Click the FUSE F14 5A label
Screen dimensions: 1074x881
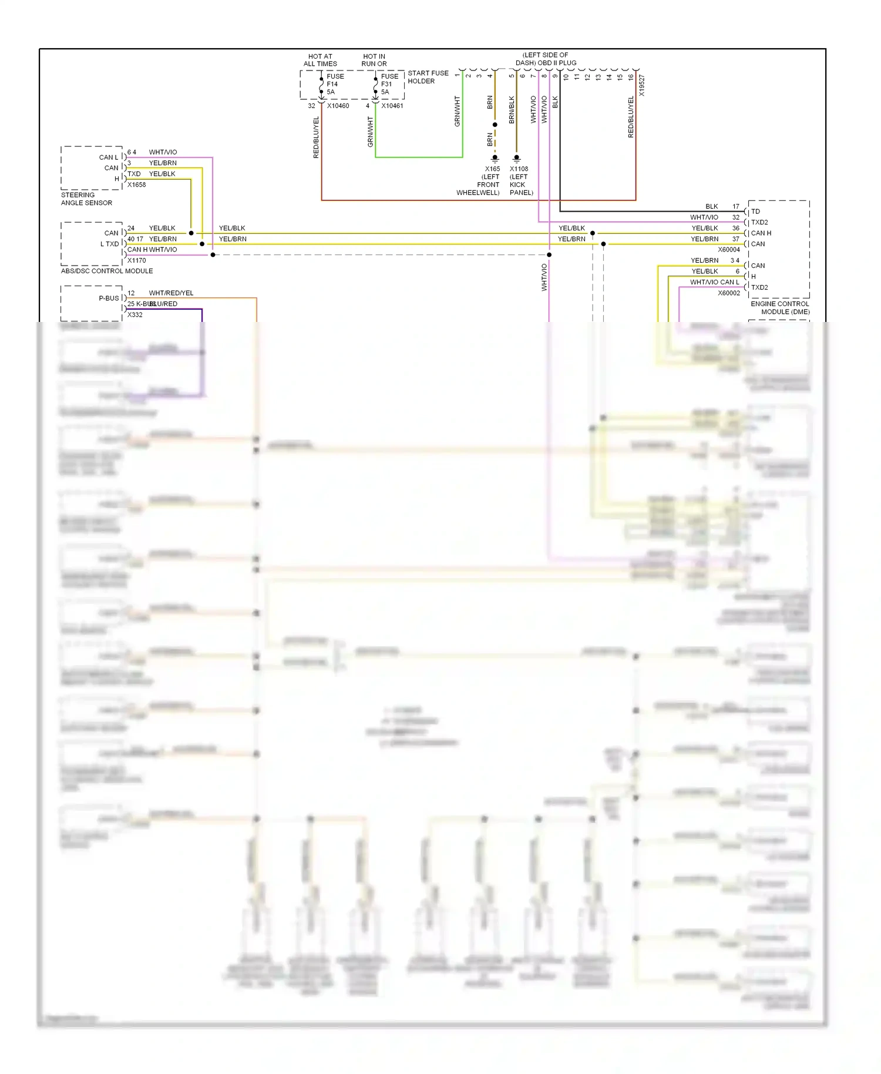point(335,84)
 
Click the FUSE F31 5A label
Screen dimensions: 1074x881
point(389,84)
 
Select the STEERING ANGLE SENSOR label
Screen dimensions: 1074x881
point(86,199)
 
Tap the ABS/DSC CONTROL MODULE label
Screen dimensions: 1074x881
point(107,271)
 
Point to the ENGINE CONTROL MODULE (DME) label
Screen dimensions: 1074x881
point(779,308)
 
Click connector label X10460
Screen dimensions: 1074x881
point(338,106)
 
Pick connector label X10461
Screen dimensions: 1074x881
point(392,106)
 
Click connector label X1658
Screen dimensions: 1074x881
point(136,184)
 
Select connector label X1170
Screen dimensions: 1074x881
point(136,260)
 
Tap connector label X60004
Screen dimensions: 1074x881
point(728,250)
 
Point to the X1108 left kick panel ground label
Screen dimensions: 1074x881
point(520,180)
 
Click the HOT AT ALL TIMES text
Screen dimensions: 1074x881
point(320,60)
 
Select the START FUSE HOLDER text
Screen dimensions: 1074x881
point(428,77)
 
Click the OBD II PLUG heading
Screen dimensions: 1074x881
point(546,59)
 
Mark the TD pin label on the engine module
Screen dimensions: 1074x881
point(755,212)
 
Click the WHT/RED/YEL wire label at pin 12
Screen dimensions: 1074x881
point(171,293)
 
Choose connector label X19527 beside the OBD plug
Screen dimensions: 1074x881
point(642,85)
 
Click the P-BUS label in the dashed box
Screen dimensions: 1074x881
point(109,298)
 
